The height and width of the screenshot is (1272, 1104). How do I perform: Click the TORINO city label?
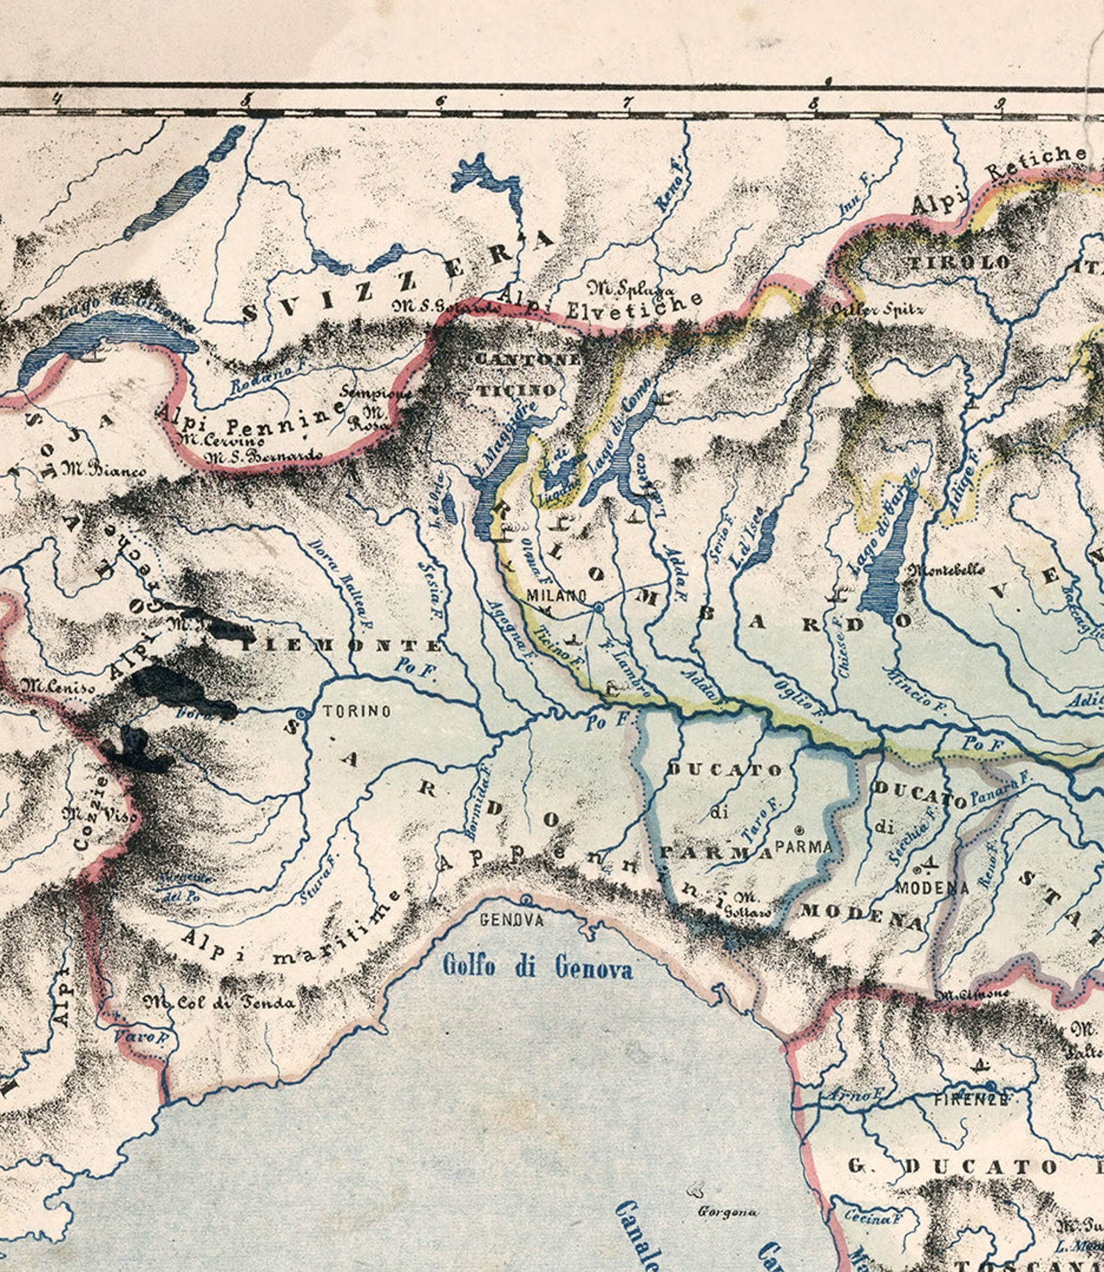pyautogui.click(x=347, y=711)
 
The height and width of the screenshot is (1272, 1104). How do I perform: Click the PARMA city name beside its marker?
pyautogui.click(x=803, y=846)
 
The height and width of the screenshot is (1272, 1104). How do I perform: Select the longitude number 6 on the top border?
pyautogui.click(x=441, y=102)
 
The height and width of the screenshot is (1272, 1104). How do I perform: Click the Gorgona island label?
pyautogui.click(x=727, y=1212)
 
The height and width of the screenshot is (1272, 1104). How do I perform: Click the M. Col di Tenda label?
pyautogui.click(x=220, y=1002)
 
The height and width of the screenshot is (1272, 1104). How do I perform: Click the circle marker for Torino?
pyautogui.click(x=301, y=714)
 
